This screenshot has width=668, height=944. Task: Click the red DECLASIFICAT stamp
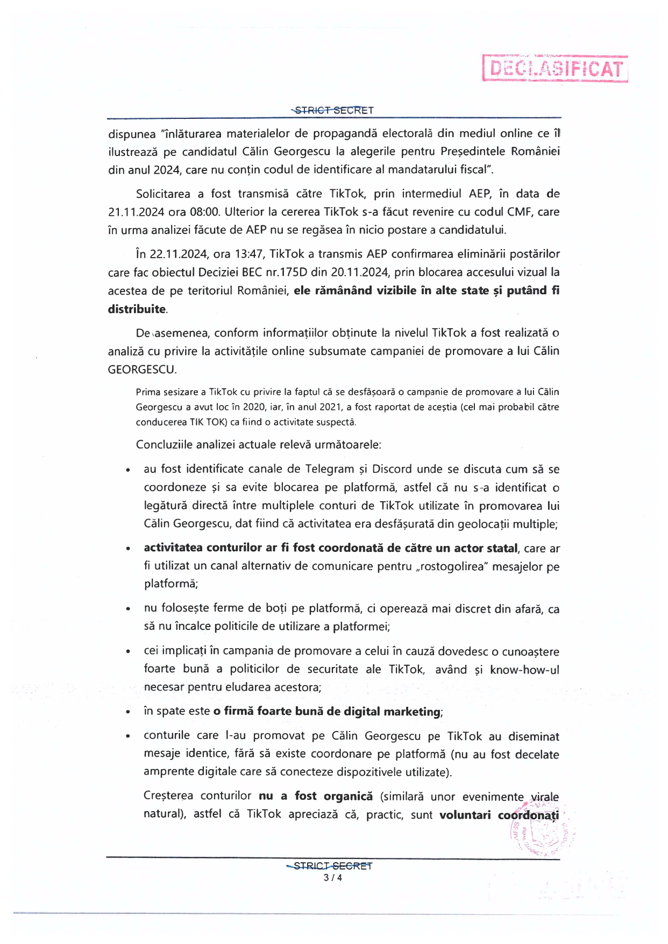[555, 68]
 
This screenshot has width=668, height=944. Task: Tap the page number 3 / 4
[333, 878]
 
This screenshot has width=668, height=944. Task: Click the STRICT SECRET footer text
[330, 866]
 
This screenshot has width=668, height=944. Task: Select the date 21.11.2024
[136, 212]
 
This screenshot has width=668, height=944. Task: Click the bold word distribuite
[137, 309]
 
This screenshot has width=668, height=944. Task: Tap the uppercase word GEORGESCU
[141, 370]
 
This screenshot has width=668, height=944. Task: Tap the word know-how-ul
[524, 670]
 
